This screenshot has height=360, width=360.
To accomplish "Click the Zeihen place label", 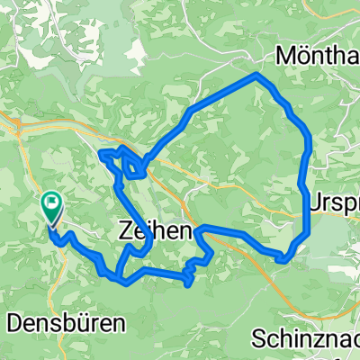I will click(154, 231).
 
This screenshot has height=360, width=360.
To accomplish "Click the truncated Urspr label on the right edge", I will click(334, 203).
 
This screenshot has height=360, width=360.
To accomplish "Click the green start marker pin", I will click(52, 209).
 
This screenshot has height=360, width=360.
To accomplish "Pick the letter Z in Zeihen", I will click(125, 231).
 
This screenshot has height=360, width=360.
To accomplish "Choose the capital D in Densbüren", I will click(13, 320).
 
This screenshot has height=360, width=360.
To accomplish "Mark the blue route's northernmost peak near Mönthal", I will click(257, 75).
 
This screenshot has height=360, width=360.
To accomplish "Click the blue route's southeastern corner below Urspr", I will click(287, 259).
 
